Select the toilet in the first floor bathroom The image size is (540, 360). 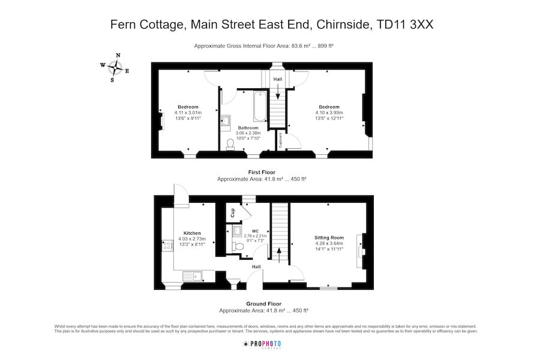pos(230,145)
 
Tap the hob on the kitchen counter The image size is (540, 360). pos(166,246)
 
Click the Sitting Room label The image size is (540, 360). pos(329,238)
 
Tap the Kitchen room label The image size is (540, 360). pos(192,233)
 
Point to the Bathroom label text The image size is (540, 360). pos(248,128)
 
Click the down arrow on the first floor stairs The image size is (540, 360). pos(278,91)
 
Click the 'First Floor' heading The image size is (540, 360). pos(262,172)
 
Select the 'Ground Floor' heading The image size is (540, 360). pos(263,304)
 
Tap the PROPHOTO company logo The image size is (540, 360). pos(262,344)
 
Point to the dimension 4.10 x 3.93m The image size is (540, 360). pos(329,113)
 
